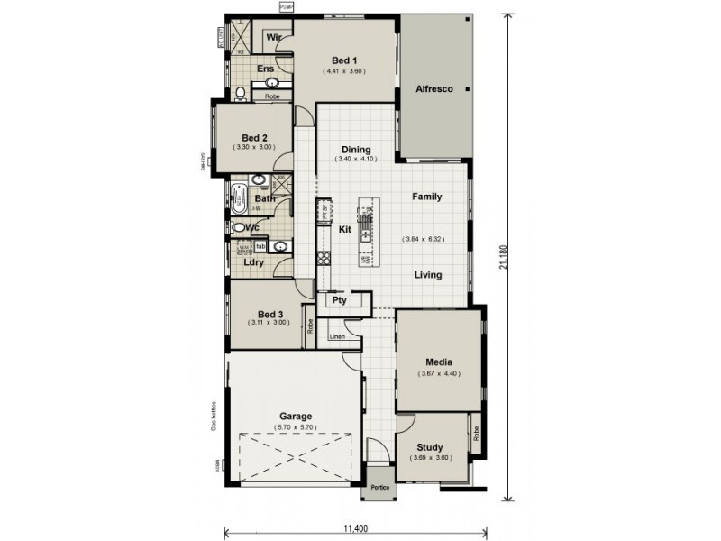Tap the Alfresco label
point(434,89)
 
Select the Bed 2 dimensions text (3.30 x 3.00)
point(253,146)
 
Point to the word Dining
point(357,150)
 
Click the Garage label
point(296,417)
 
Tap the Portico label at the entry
point(379,488)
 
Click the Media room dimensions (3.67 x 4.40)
point(439,373)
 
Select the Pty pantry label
point(340,300)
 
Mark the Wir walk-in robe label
point(275,38)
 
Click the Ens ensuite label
point(266,69)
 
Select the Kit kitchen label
point(344,229)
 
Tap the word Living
point(428,275)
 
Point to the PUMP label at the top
point(287,7)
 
